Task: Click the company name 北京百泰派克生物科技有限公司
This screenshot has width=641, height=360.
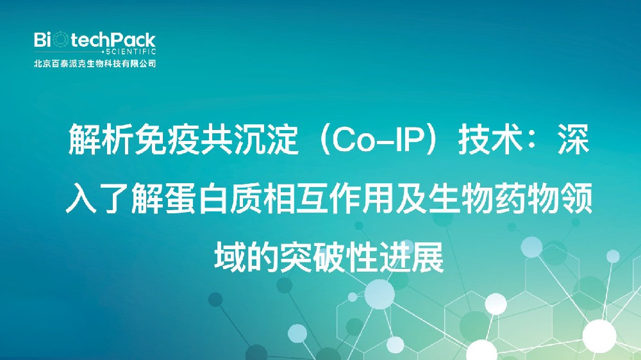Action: coord(95,64)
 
